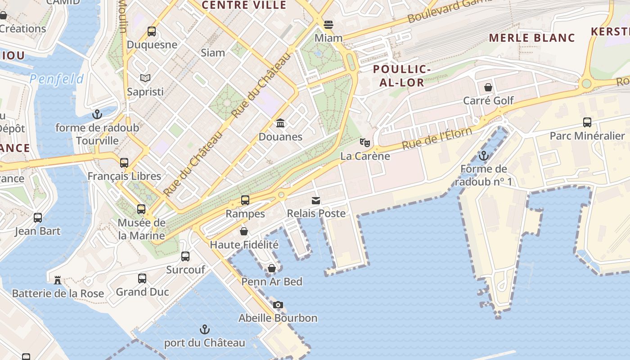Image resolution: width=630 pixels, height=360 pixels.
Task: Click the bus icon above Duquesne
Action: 152,31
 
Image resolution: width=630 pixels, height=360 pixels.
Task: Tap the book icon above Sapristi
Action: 145,78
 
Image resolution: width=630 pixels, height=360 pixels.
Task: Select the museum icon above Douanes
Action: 280,123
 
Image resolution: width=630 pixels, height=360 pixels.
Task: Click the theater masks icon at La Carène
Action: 365,143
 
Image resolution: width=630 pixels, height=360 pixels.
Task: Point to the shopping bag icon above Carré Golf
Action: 488,87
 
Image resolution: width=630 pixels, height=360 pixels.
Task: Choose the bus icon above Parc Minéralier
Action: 587,122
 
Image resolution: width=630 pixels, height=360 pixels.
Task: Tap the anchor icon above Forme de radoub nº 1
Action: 484,156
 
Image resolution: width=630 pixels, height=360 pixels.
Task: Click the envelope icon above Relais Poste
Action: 316,200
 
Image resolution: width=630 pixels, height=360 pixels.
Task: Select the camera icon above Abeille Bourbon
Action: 278,305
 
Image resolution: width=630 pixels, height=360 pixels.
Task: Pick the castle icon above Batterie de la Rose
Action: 58,280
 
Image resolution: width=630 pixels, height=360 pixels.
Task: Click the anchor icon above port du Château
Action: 205,329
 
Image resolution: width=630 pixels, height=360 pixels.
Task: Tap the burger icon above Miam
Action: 328,24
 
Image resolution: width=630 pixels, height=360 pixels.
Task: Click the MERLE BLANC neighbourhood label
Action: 532,38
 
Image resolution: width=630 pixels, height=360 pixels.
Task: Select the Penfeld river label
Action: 57,80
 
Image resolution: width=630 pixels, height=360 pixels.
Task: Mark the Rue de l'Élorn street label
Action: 436,138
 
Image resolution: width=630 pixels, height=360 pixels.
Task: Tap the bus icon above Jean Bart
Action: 38,218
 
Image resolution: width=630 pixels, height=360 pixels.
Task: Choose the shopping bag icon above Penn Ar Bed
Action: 272,269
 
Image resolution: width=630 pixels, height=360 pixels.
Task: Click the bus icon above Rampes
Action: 245,200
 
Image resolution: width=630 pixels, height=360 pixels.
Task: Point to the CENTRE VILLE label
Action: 244,5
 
